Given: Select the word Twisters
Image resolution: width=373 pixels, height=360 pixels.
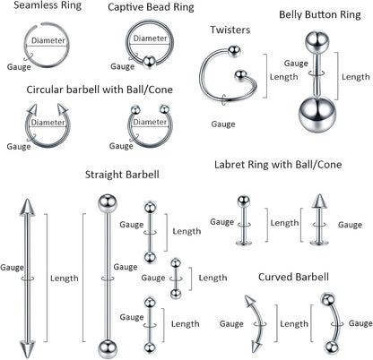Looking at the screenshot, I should coord(230,30).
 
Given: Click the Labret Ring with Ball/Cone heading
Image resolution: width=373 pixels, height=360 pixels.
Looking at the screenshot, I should coord(278,165).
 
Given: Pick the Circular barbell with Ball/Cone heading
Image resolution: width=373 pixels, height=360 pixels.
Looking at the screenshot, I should coord(100,90).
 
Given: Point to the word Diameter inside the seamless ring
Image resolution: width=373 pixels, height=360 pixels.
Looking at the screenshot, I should coord(47,41).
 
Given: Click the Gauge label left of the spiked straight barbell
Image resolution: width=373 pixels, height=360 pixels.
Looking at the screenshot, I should coord(12,267).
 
